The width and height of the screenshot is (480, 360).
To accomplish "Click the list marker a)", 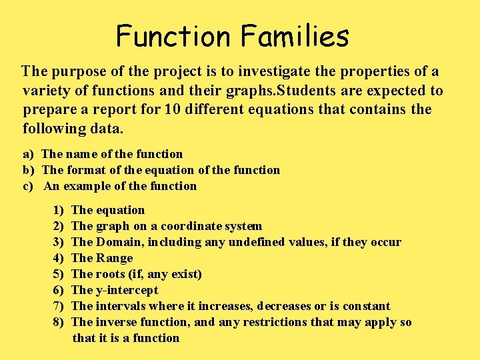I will [29, 154].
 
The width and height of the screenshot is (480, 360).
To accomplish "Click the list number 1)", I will [58, 210].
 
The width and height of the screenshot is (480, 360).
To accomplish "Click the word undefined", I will [254, 242].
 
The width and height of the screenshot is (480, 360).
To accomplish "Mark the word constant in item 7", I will [366, 306].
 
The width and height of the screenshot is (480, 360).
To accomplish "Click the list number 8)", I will [58, 322].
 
